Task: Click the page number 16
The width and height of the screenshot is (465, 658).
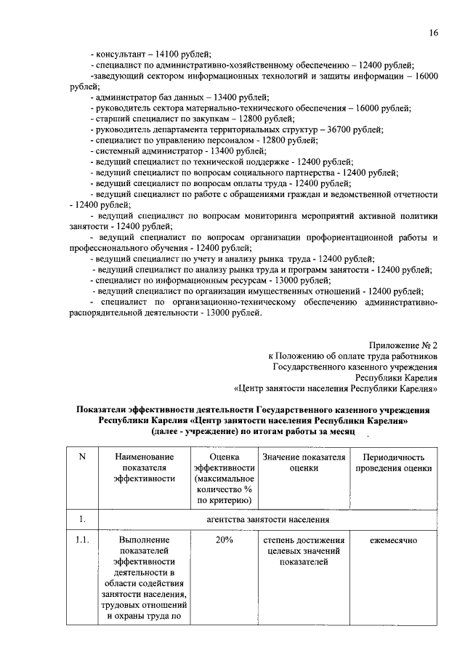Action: pyautogui.click(x=433, y=33)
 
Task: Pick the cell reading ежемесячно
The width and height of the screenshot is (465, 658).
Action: pyautogui.click(x=393, y=540)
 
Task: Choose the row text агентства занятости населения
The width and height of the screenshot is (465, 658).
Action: pyautogui.click(x=268, y=519)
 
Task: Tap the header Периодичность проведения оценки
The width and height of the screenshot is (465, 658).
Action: pyautogui.click(x=393, y=462)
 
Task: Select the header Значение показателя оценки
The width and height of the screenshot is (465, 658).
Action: pyautogui.click(x=303, y=462)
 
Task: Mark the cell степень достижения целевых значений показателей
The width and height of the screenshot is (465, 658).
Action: pyautogui.click(x=303, y=551)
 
